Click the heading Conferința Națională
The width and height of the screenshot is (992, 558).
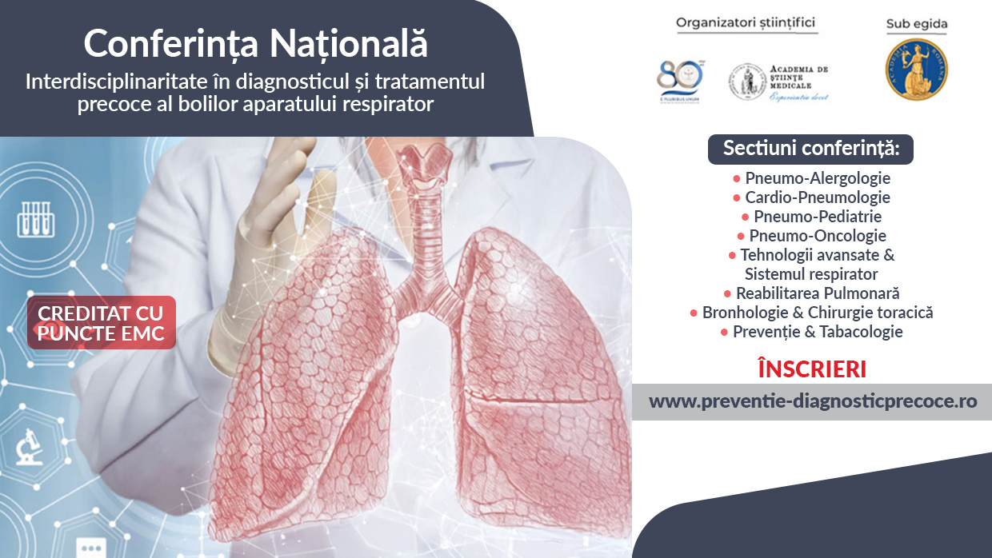coord(256,42)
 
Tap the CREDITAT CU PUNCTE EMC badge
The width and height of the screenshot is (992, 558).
coord(101,323)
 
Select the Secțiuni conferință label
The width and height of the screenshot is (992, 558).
coord(810,148)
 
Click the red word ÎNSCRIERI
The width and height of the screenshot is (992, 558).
coord(812,370)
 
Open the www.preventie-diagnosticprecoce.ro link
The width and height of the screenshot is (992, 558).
coord(812,401)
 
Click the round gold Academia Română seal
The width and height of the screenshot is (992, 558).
coord(916,69)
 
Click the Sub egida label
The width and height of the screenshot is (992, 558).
coord(916,24)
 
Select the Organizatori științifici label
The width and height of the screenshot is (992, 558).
coord(746,22)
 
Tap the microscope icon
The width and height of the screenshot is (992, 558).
coord(30,447)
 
